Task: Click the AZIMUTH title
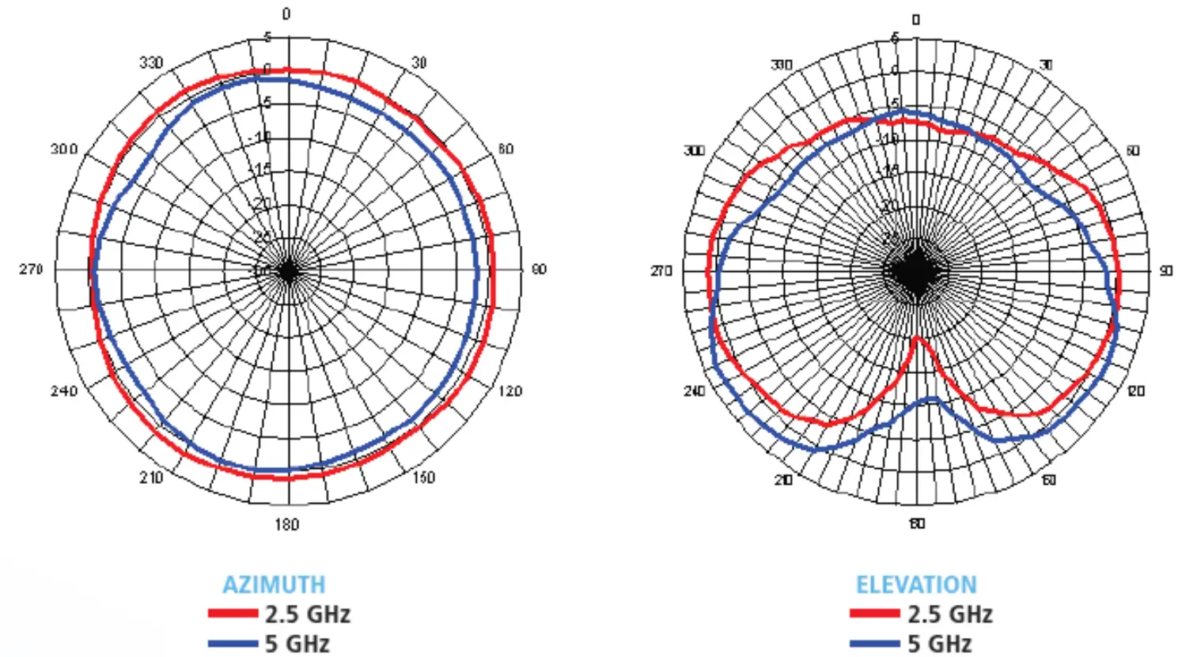(274, 584)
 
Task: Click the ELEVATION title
(916, 584)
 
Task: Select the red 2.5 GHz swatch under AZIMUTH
(233, 614)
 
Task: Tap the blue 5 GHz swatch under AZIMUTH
(233, 644)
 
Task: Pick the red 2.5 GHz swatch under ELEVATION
(875, 614)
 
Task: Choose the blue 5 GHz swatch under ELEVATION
(875, 644)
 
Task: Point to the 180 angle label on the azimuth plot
(286, 524)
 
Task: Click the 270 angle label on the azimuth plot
(31, 270)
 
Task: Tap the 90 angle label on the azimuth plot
(539, 270)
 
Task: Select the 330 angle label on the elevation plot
(782, 64)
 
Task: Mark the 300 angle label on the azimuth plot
(64, 149)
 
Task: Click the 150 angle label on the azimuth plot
(424, 478)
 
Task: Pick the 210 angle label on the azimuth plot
(151, 478)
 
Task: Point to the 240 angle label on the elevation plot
(694, 391)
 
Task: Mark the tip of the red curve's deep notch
(916, 338)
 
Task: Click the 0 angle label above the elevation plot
(916, 19)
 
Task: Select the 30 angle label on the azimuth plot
(419, 62)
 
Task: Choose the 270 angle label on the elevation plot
(661, 271)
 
